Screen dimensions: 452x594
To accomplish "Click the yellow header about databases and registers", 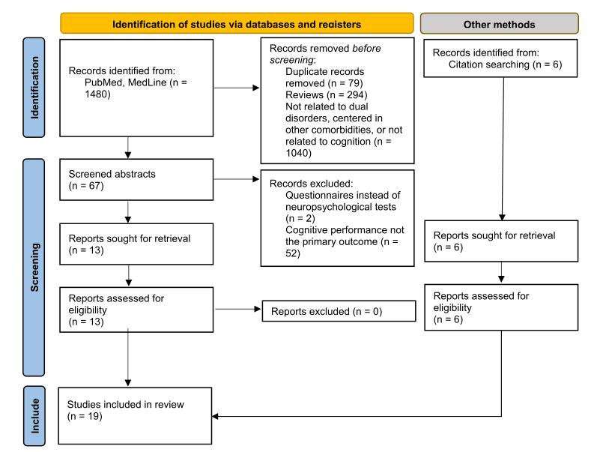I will (237, 23).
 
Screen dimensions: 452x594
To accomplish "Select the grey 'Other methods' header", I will (499, 23).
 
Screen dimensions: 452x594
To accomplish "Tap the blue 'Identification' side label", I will (34, 87).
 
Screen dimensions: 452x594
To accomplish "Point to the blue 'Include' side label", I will (34, 415).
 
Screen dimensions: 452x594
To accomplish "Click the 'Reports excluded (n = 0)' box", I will (338, 311).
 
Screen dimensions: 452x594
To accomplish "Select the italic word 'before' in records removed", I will (366, 49).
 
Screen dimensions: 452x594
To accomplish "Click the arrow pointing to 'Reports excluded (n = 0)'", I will (238, 309).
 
